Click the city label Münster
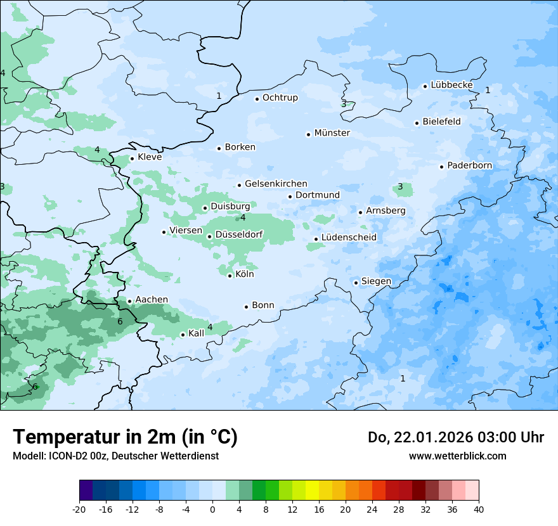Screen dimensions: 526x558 (332, 133)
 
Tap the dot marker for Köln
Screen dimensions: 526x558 (230, 275)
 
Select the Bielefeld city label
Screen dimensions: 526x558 (441, 122)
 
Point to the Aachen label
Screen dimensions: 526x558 (152, 300)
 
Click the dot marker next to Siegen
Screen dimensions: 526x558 (356, 283)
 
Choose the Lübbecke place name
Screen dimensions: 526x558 (451, 85)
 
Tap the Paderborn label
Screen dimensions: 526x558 (469, 165)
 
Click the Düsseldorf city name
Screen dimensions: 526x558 (239, 234)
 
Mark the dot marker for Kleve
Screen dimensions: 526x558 (132, 158)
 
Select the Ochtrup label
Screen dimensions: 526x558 (280, 98)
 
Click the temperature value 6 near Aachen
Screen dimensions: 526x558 (120, 321)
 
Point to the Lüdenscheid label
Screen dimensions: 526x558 (349, 238)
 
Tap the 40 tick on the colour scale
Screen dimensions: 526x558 (479, 509)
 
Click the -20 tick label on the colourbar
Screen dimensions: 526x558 (79, 509)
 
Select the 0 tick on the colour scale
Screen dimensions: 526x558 (212, 509)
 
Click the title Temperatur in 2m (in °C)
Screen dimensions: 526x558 (125, 437)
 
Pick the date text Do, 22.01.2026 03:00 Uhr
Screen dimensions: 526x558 (455, 437)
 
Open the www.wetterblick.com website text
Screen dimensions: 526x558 (457, 456)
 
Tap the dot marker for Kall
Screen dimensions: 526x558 (183, 335)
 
